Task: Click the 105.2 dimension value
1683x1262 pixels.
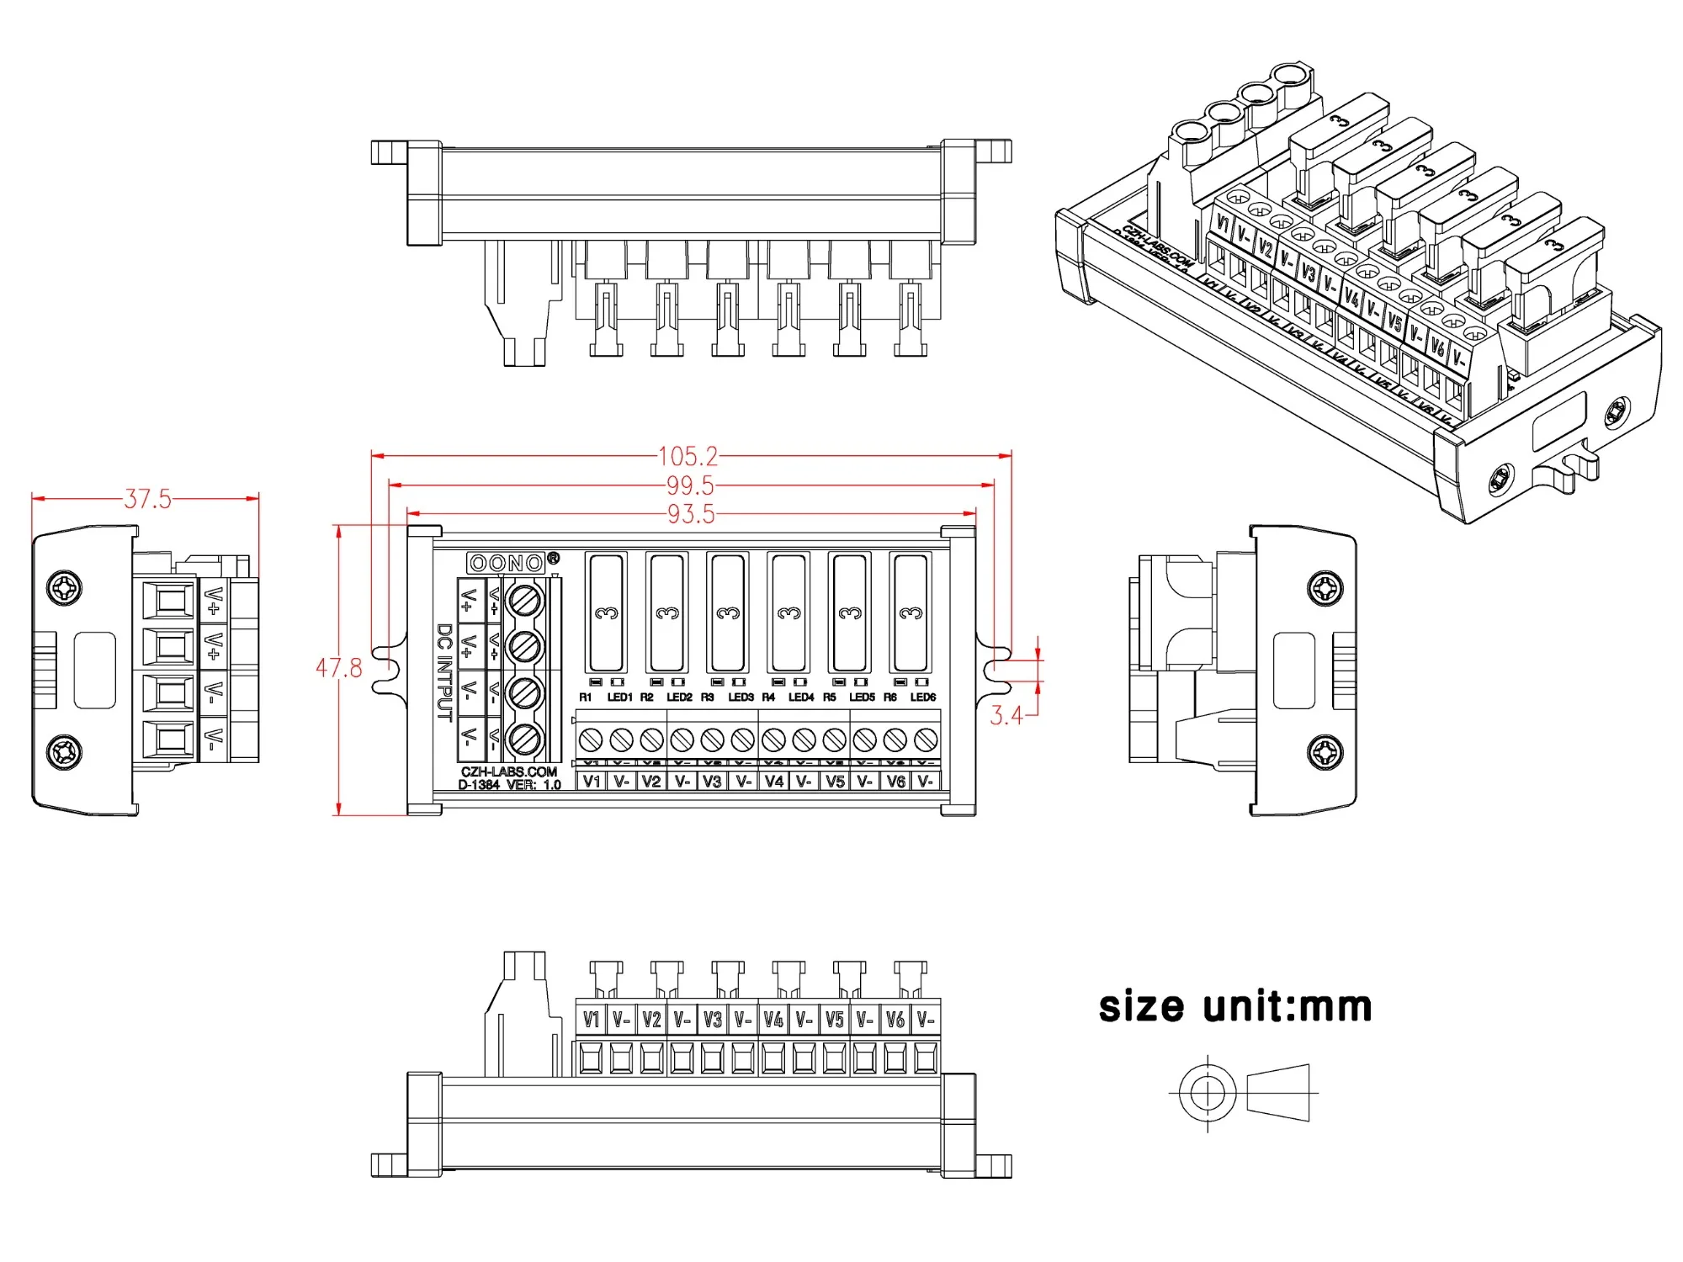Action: pyautogui.click(x=688, y=457)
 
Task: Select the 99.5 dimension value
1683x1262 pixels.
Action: pyautogui.click(x=690, y=485)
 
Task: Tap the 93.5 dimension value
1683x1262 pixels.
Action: pyautogui.click(x=691, y=514)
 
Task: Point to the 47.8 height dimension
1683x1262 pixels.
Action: pyautogui.click(x=338, y=668)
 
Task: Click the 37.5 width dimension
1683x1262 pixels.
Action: pyautogui.click(x=147, y=499)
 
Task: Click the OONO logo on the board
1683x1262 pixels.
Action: pyautogui.click(x=507, y=563)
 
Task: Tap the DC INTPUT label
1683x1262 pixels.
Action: pyautogui.click(x=444, y=672)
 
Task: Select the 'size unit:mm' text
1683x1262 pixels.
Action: pyautogui.click(x=1234, y=1007)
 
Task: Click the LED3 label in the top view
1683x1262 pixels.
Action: pyautogui.click(x=741, y=697)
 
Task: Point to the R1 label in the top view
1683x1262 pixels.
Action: pyautogui.click(x=586, y=697)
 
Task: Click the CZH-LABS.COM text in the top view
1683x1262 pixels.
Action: pyautogui.click(x=508, y=772)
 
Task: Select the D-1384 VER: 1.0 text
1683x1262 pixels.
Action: pyautogui.click(x=509, y=785)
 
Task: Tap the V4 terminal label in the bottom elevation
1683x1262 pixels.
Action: pyautogui.click(x=773, y=1020)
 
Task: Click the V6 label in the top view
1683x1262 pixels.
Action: pyautogui.click(x=895, y=782)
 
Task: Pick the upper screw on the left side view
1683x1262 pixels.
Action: pyautogui.click(x=64, y=587)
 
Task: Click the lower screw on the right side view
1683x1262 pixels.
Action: pyautogui.click(x=1325, y=751)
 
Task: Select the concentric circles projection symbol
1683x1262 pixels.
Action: pyautogui.click(x=1208, y=1093)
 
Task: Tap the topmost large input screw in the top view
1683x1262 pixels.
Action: pyautogui.click(x=526, y=601)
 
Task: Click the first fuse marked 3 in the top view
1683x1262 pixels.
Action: pyautogui.click(x=606, y=612)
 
